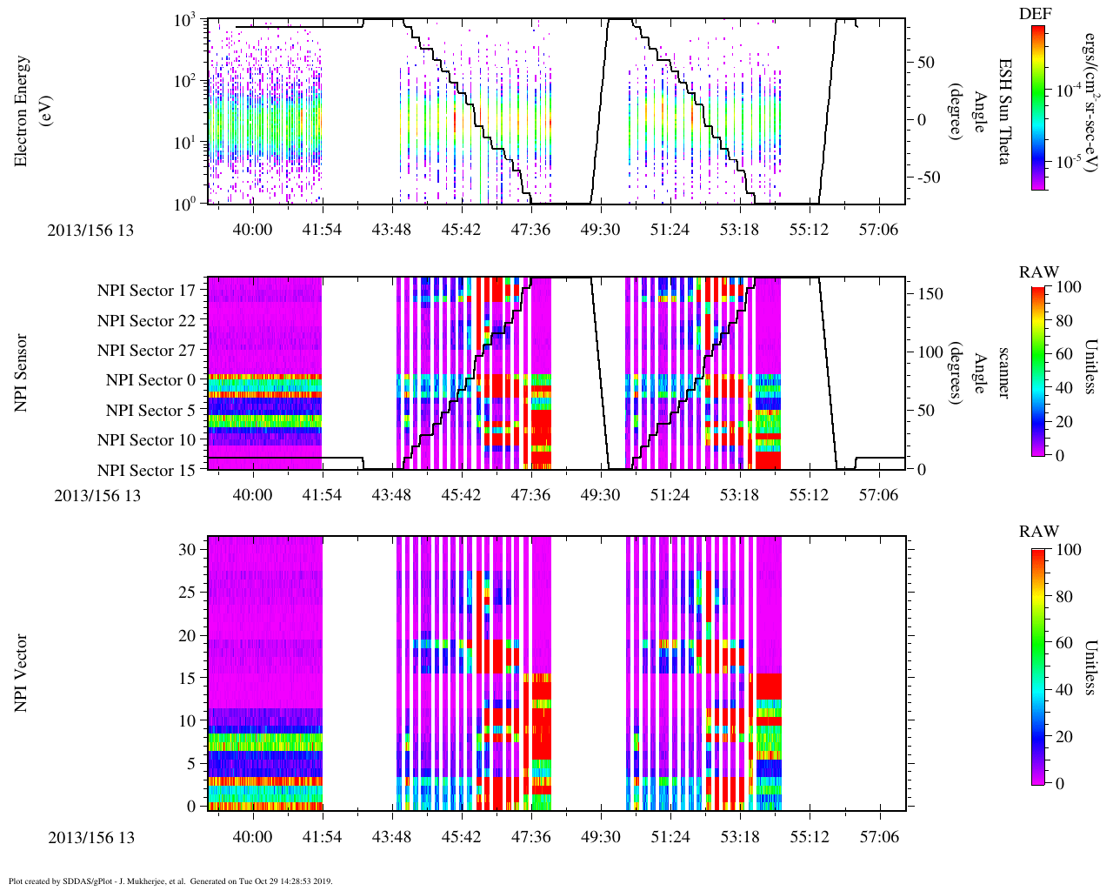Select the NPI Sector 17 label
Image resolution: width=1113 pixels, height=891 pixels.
[x=146, y=291]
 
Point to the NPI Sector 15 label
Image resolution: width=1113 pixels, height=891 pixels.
[x=146, y=470]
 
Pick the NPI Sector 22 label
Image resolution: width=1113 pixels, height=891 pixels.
[x=146, y=321]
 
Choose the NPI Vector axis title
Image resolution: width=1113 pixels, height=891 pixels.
[x=21, y=673]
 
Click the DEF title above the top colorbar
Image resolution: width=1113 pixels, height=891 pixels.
[x=1035, y=14]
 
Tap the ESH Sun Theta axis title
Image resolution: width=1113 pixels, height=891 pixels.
[x=1004, y=111]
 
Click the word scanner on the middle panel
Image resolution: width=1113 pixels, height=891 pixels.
[x=1004, y=372]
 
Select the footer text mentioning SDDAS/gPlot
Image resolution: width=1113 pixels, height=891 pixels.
[x=170, y=881]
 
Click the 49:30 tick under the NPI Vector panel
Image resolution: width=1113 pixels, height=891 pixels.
[x=600, y=837]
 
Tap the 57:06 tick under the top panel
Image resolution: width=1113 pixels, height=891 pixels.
[x=878, y=230]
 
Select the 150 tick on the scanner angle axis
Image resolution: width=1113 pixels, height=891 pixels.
[x=932, y=294]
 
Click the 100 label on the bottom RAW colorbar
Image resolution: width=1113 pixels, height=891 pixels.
[x=1071, y=550]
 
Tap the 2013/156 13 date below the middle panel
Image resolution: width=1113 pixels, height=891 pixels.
[x=97, y=496]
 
